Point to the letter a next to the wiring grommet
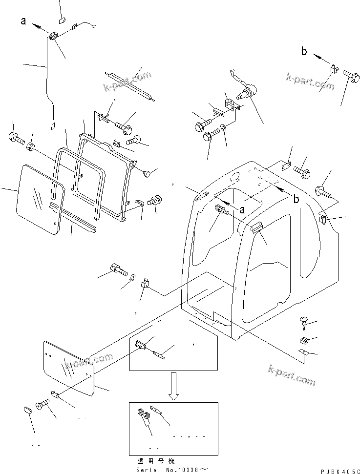(23, 21)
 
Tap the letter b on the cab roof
(296, 199)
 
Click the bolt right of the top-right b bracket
(350, 76)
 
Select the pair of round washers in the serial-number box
(143, 415)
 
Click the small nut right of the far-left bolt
(30, 146)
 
